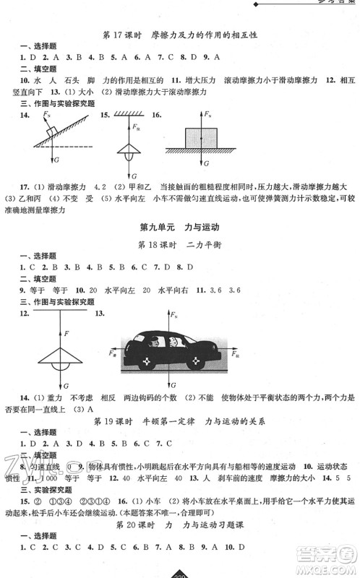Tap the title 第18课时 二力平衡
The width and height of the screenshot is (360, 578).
(x=179, y=245)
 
